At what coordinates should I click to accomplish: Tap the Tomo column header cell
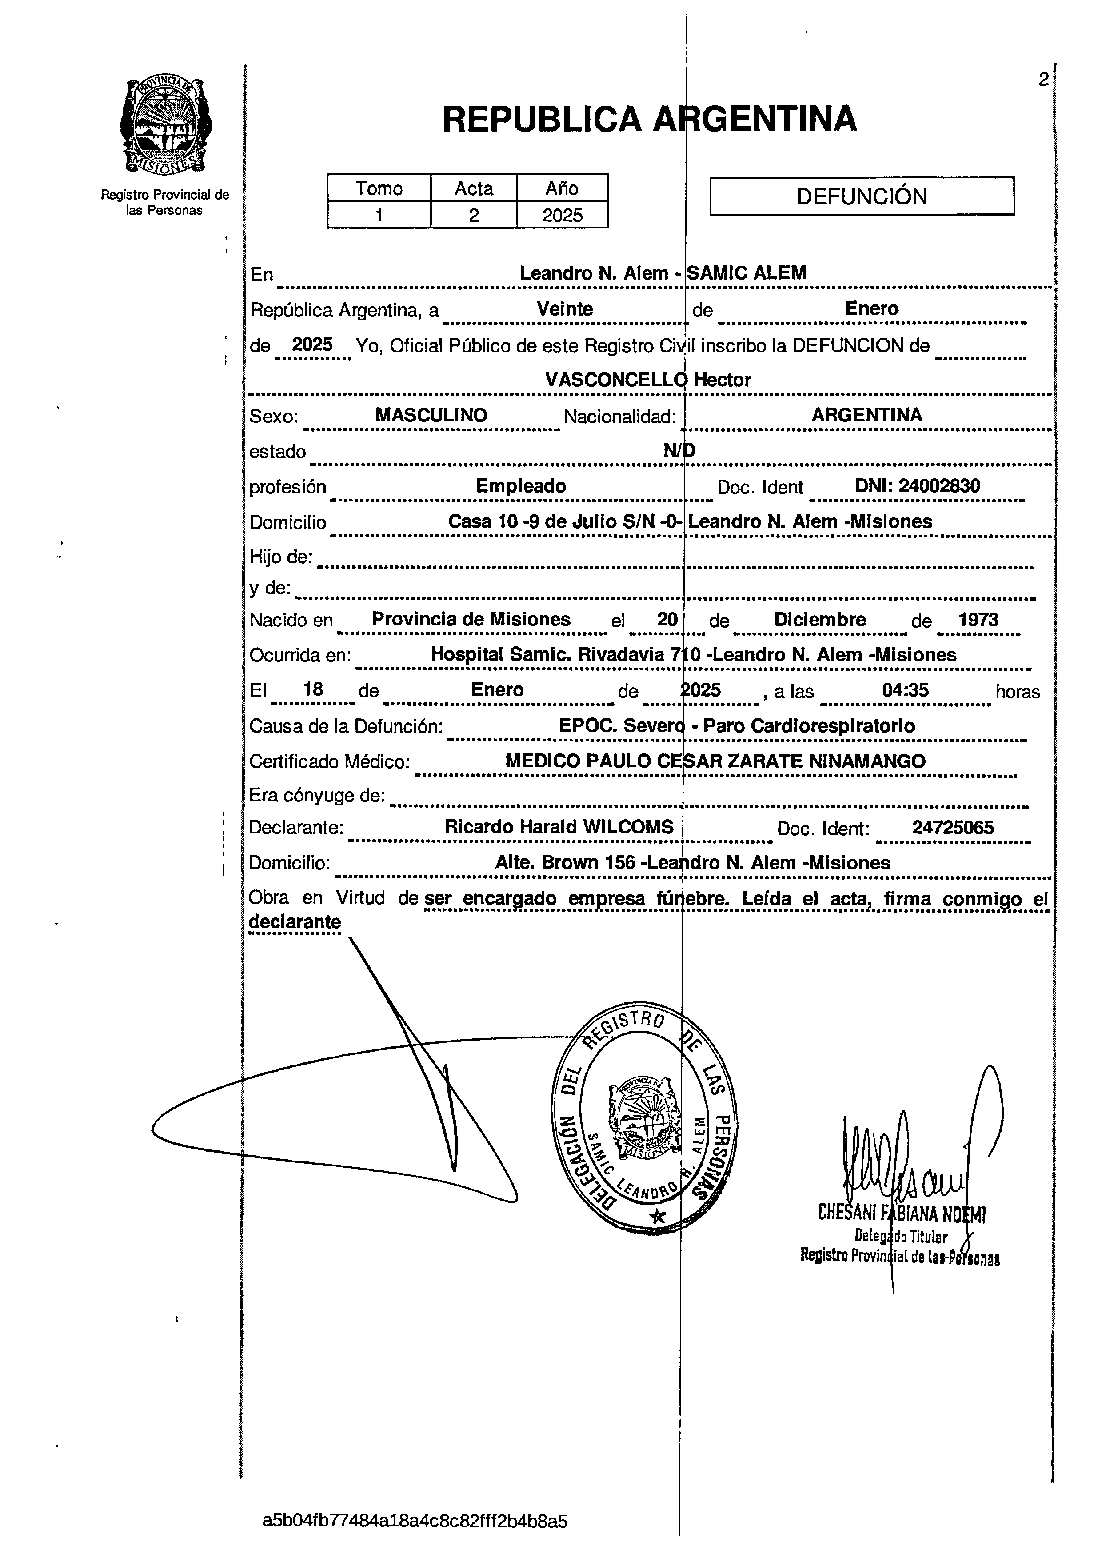(379, 188)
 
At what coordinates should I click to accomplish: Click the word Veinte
(564, 309)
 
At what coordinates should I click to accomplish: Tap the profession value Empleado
(520, 486)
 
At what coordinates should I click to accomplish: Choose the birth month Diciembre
(820, 620)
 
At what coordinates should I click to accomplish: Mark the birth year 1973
(978, 620)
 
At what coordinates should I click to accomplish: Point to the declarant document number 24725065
(953, 828)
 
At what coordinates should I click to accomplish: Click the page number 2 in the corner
(1043, 80)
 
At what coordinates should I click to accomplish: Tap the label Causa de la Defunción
(346, 726)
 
